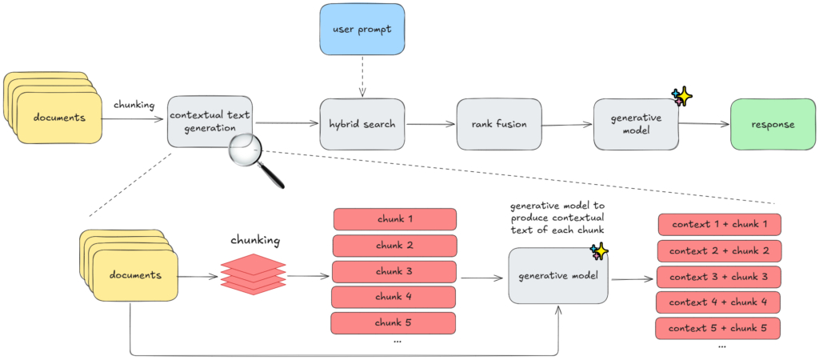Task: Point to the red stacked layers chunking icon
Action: (254, 273)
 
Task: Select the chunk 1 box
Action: (394, 219)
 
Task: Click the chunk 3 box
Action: (394, 271)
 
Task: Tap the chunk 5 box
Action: (394, 323)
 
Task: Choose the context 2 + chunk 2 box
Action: (719, 251)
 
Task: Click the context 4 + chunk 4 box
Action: (717, 302)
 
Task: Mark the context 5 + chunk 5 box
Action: (717, 328)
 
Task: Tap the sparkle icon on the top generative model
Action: (681, 98)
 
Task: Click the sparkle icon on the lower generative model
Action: (599, 252)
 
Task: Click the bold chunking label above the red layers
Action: (254, 240)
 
